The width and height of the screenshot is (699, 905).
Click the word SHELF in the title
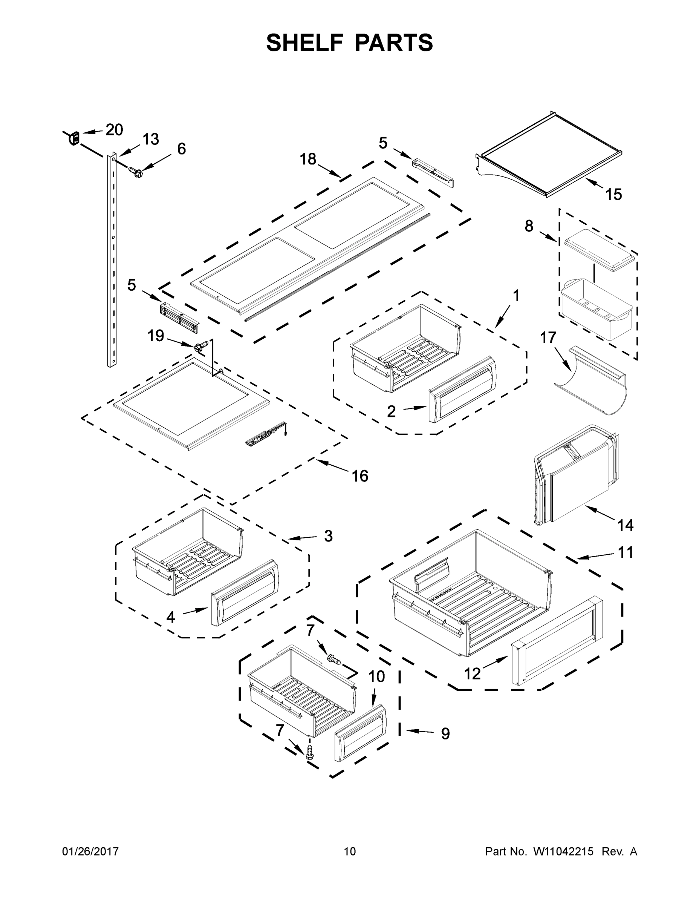(305, 43)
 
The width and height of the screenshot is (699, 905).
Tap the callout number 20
(114, 130)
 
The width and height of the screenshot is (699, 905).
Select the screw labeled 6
(135, 171)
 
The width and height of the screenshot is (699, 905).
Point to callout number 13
(151, 140)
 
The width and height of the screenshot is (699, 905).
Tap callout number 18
(308, 159)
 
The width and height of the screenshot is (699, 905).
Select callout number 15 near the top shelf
(614, 194)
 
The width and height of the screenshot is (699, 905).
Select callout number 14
(625, 525)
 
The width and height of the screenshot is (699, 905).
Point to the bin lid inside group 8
(599, 247)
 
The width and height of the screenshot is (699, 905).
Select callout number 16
(360, 476)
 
